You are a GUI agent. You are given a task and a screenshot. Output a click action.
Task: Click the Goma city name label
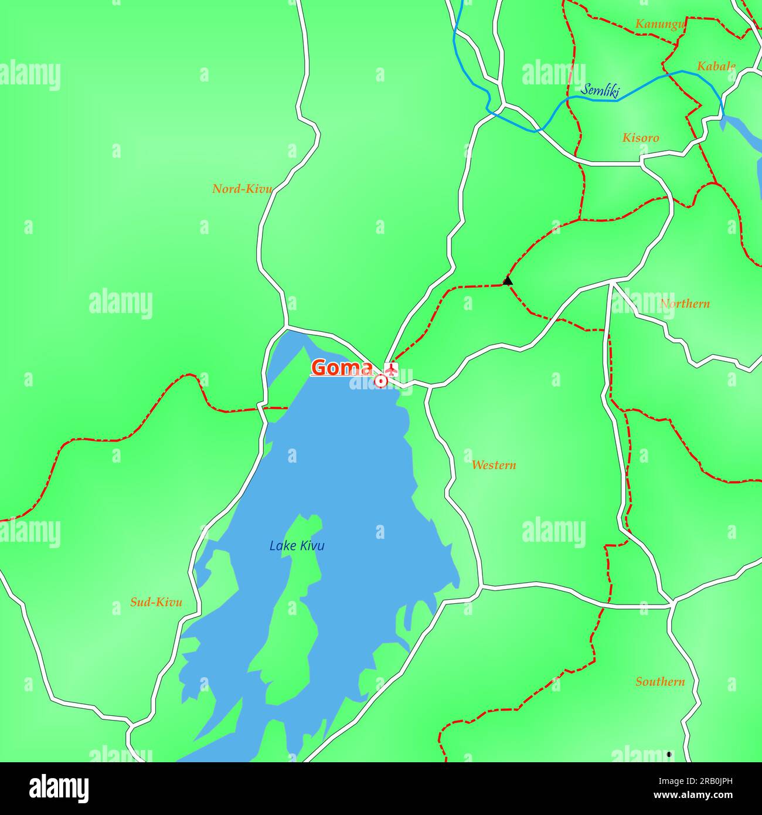click(341, 368)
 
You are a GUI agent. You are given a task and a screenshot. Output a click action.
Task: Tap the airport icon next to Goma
click(391, 368)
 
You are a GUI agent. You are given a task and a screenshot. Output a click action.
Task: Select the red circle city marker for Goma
click(381, 381)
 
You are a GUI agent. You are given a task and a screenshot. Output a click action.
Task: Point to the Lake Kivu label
click(297, 546)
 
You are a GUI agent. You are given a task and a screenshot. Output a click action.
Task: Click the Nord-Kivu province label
click(242, 189)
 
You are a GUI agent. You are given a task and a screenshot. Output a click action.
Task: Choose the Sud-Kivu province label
click(156, 602)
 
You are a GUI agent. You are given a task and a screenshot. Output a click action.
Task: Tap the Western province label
click(494, 465)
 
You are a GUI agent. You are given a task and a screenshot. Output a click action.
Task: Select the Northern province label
click(685, 304)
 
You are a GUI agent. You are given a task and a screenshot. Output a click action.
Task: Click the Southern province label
click(660, 682)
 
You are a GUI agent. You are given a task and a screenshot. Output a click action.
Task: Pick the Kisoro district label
click(641, 138)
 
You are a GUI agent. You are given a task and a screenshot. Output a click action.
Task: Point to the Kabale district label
click(716, 66)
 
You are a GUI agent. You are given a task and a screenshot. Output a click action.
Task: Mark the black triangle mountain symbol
click(508, 281)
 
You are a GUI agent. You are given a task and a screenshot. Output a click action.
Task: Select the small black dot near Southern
click(669, 754)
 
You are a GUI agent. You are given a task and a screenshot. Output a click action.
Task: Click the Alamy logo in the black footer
click(60, 789)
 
